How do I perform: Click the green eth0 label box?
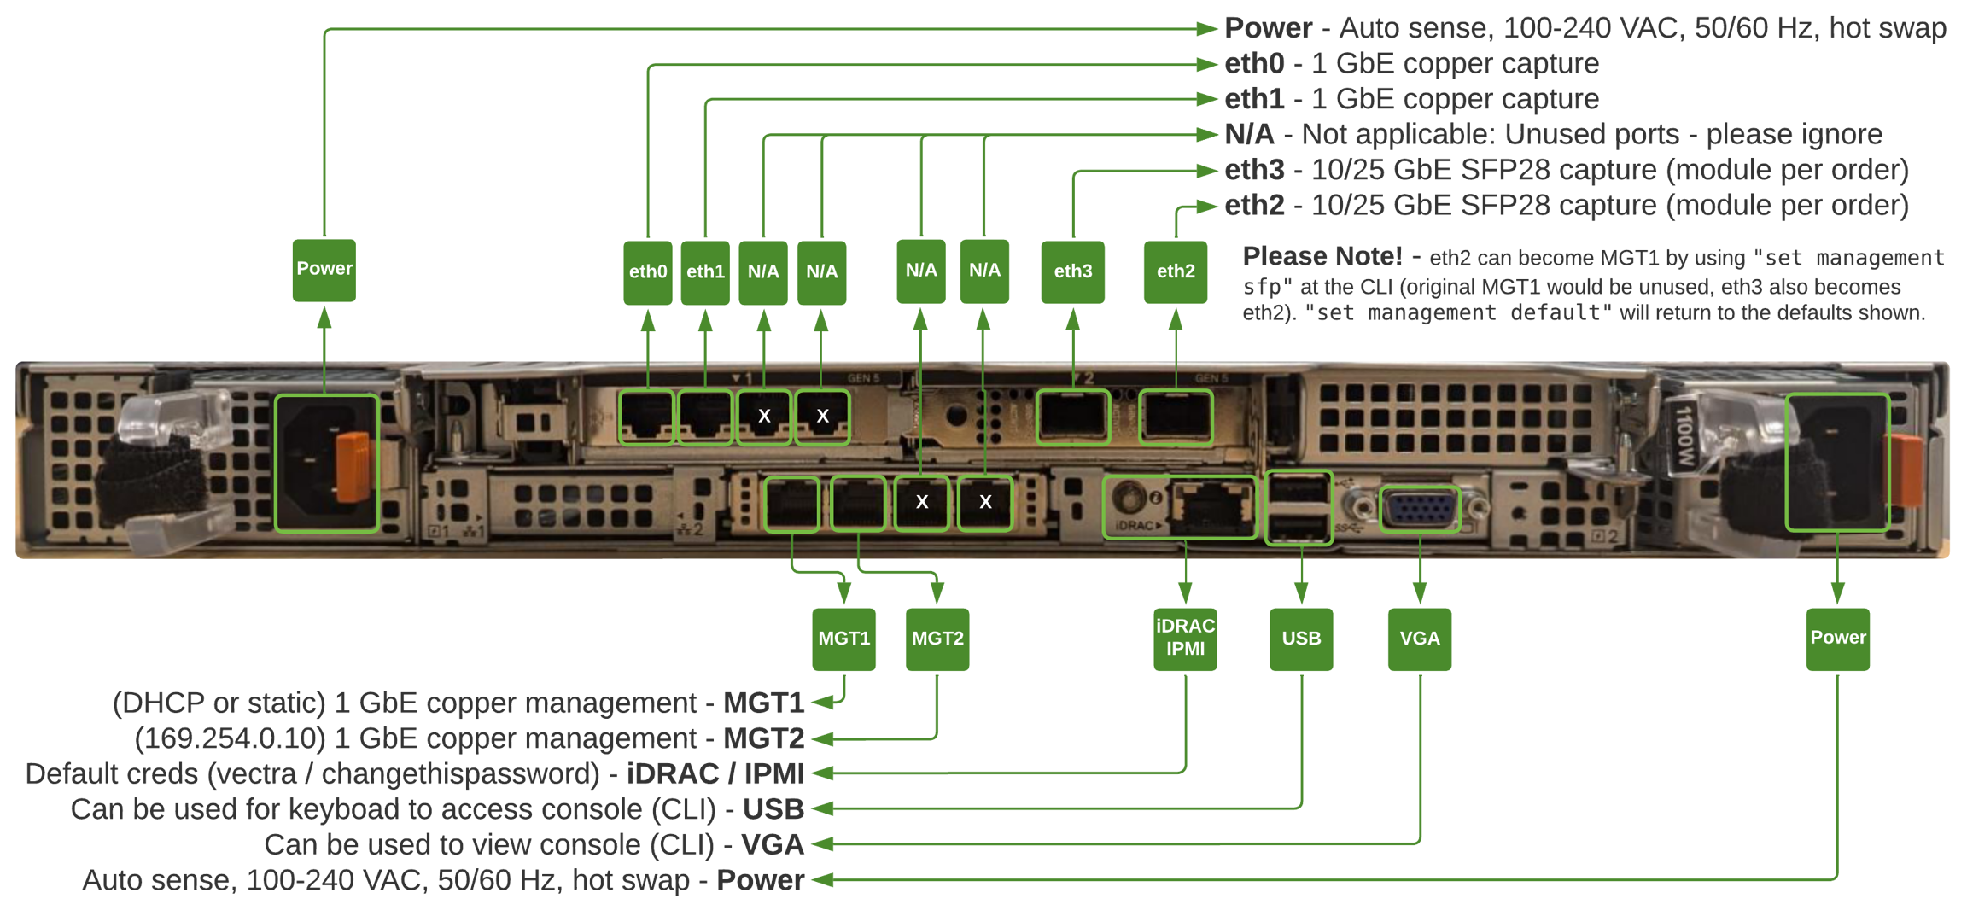point(648,271)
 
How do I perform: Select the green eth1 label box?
point(705,271)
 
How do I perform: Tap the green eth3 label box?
point(1072,271)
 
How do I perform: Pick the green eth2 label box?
point(1176,271)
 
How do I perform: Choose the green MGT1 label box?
point(843,639)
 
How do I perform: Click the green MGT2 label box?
point(937,639)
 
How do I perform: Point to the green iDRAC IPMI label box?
point(1185,639)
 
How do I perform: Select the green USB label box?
point(1301,639)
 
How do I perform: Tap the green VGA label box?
point(1420,639)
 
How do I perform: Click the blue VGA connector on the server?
point(1420,508)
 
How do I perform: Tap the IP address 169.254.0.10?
point(230,738)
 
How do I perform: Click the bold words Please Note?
point(1322,256)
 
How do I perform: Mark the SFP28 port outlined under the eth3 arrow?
point(1073,417)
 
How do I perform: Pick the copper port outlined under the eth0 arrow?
point(647,417)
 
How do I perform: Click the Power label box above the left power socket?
point(324,270)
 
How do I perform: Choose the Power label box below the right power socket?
point(1838,639)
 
